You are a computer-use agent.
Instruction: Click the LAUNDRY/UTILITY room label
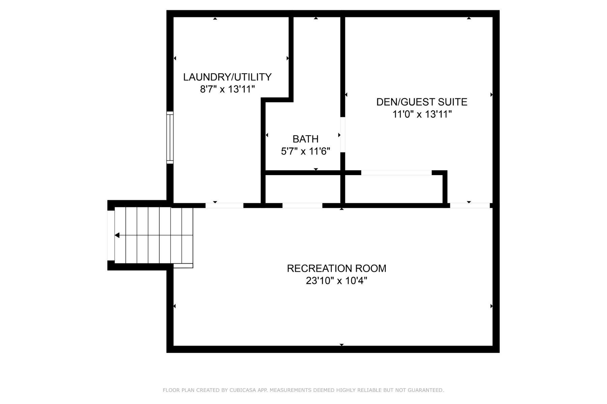click(x=227, y=77)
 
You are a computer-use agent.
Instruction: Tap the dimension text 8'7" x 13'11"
click(x=227, y=89)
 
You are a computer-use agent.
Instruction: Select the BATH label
click(x=306, y=139)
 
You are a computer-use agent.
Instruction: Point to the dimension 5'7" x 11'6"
click(x=306, y=151)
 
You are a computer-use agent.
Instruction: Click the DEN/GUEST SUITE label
click(x=422, y=102)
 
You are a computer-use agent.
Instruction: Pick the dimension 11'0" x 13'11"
click(x=422, y=114)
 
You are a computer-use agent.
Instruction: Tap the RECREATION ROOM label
click(x=337, y=268)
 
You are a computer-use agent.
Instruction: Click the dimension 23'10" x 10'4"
click(x=337, y=281)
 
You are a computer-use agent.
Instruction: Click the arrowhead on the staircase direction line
click(x=117, y=235)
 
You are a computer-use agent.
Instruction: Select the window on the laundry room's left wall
click(x=170, y=138)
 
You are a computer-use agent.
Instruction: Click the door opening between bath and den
click(x=343, y=135)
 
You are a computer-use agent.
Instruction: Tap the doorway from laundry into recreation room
click(x=225, y=205)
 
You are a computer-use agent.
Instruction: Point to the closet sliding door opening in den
click(x=397, y=173)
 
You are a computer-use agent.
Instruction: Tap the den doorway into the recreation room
click(x=470, y=205)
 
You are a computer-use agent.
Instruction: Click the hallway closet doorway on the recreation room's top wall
click(x=302, y=205)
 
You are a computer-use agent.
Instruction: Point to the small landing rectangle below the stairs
click(x=183, y=266)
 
